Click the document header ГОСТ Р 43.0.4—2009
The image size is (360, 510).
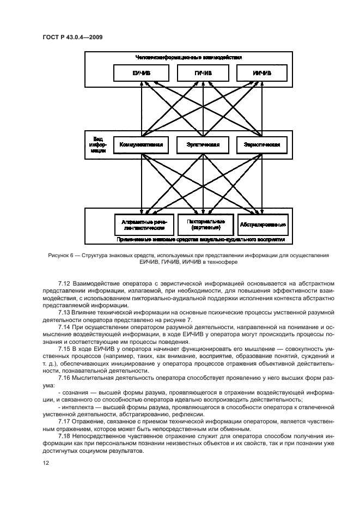(72, 37)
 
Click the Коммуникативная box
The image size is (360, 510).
(141, 145)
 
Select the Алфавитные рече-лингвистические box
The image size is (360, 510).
(144, 224)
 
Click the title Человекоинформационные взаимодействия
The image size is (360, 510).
(188, 57)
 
